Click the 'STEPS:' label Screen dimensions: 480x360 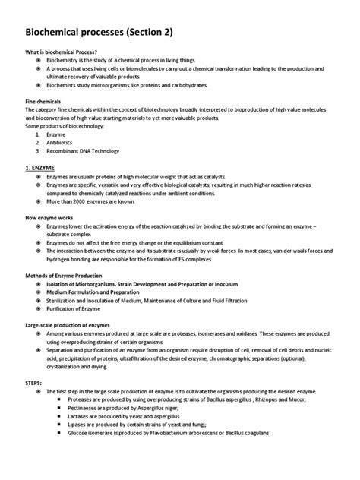coord(37,383)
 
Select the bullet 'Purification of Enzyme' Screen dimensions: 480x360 coord(80,309)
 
